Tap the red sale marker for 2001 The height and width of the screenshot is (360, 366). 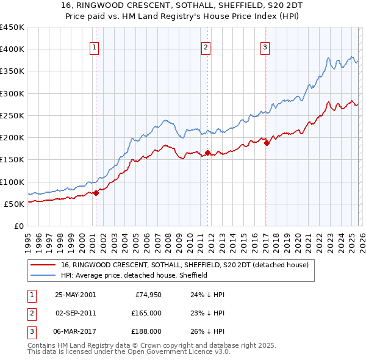pyautogui.click(x=96, y=193)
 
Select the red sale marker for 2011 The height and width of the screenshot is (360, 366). pyautogui.click(x=208, y=153)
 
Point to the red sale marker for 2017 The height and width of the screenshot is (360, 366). pyautogui.click(x=267, y=143)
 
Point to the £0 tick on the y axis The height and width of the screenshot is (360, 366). pyautogui.click(x=19, y=226)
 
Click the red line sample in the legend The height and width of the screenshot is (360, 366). pyautogui.click(x=44, y=265)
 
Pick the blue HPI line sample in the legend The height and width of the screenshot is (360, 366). pyautogui.click(x=44, y=275)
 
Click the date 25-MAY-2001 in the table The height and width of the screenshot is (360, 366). pyautogui.click(x=75, y=295)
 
